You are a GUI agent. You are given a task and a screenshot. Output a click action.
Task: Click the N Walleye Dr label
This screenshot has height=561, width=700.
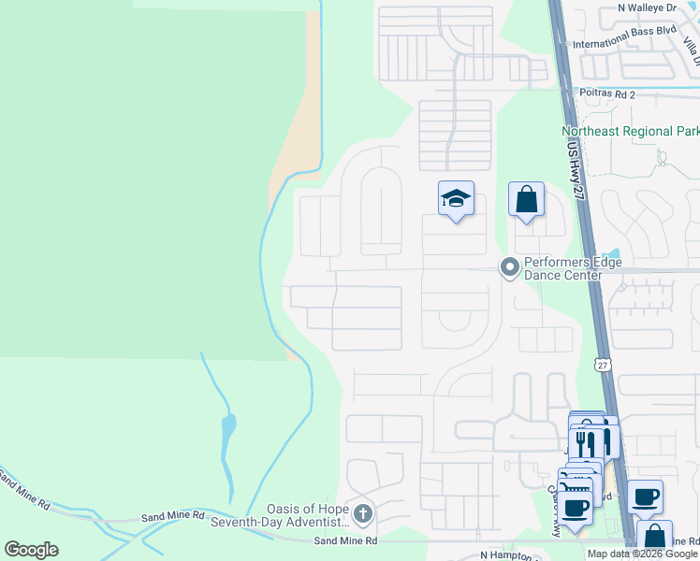coord(647,7)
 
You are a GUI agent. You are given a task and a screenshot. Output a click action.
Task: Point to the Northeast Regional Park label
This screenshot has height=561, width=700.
coord(630,132)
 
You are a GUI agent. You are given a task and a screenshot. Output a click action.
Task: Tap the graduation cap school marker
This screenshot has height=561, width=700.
coord(456,198)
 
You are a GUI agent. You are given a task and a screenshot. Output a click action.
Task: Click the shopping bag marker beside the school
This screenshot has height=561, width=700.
coord(526,199)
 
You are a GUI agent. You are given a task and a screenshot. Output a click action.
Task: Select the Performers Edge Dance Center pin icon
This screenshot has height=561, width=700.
coord(509,268)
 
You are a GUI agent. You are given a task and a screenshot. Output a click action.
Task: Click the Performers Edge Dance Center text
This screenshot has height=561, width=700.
coord(573,269)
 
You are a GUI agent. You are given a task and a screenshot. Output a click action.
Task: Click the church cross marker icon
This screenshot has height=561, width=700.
coord(363,512)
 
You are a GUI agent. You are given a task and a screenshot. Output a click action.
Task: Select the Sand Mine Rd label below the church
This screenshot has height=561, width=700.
coord(345,541)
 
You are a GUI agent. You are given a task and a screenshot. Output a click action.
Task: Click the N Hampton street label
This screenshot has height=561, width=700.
coord(510,554)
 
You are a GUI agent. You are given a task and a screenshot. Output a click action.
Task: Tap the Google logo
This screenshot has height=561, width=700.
coord(31,550)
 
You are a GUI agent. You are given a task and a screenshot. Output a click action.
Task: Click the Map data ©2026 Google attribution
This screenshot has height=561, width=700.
coord(642,554)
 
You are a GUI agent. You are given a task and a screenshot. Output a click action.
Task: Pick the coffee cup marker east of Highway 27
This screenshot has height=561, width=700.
coord(645,497)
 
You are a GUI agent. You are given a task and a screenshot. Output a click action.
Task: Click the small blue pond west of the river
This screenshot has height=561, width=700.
coord(228,430)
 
